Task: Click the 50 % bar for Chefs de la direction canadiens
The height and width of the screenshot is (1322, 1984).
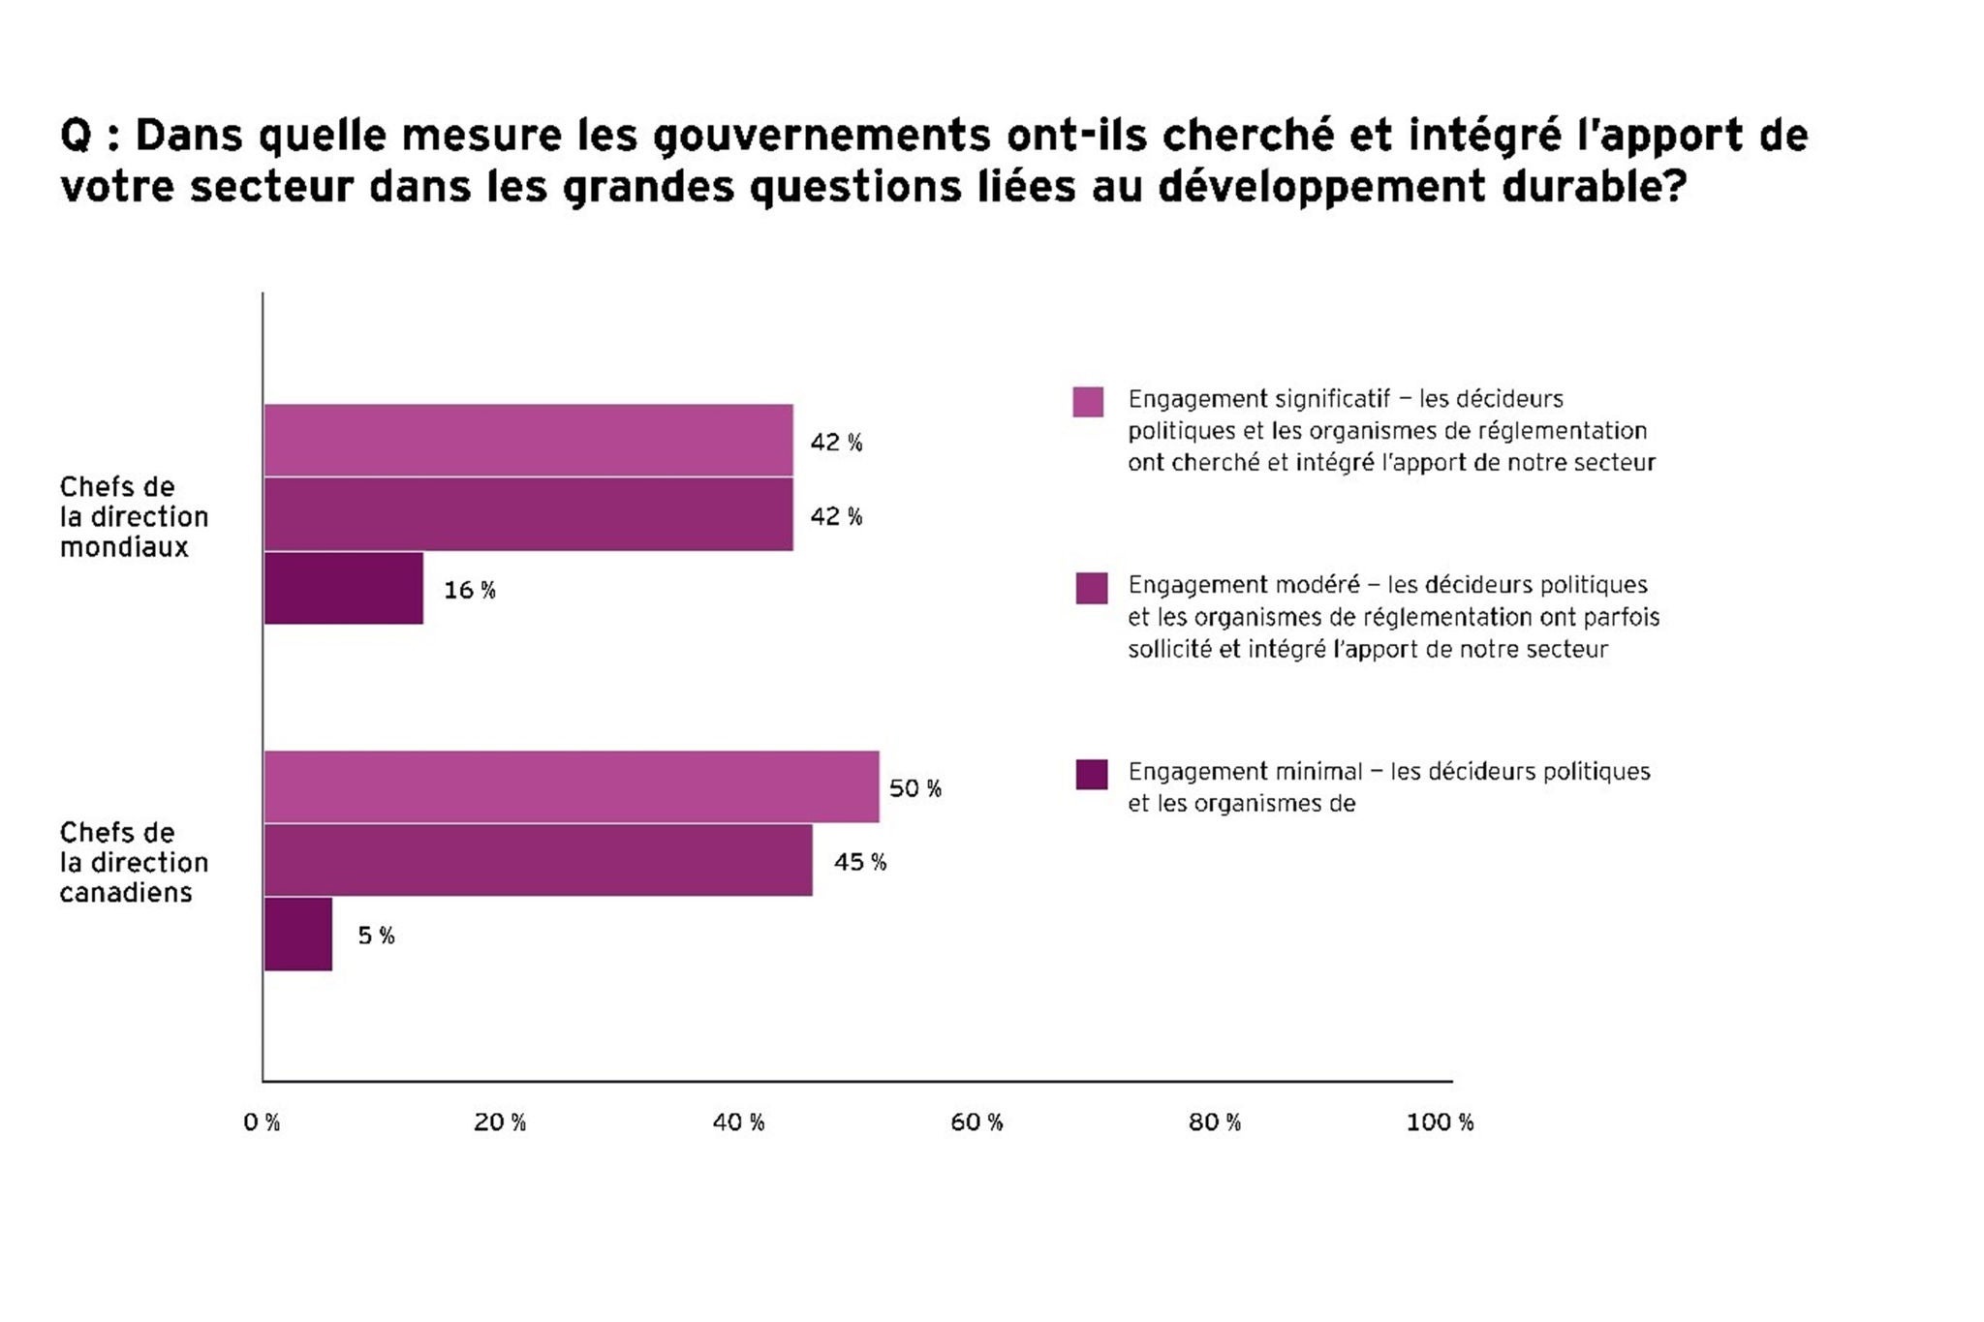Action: [572, 786]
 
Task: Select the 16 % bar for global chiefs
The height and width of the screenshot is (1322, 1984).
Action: [343, 588]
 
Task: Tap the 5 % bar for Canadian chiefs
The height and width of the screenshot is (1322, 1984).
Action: [297, 934]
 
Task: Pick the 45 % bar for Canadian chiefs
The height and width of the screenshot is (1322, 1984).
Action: [538, 860]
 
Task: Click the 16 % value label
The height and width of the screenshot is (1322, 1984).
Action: [470, 590]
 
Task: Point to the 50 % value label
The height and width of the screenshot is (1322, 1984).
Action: [915, 788]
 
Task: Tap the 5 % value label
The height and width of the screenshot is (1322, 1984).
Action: [376, 936]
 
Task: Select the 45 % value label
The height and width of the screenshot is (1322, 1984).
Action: [860, 862]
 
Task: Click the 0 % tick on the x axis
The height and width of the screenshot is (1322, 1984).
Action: [262, 1122]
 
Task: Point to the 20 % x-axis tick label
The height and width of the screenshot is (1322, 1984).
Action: [500, 1122]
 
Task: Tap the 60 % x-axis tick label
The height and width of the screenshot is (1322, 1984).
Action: [976, 1122]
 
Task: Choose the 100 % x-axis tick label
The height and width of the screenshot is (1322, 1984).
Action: [1440, 1122]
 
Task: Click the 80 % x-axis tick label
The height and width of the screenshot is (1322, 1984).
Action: [1215, 1122]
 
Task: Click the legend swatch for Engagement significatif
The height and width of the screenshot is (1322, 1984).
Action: [1088, 402]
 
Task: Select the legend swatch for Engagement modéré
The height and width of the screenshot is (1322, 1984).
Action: [1092, 588]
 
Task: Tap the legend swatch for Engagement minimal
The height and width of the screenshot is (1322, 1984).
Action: [1092, 775]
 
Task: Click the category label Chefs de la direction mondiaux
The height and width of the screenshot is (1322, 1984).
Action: [134, 517]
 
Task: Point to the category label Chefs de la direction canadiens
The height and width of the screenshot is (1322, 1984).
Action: [134, 863]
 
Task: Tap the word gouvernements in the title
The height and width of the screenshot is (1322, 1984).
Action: [821, 136]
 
